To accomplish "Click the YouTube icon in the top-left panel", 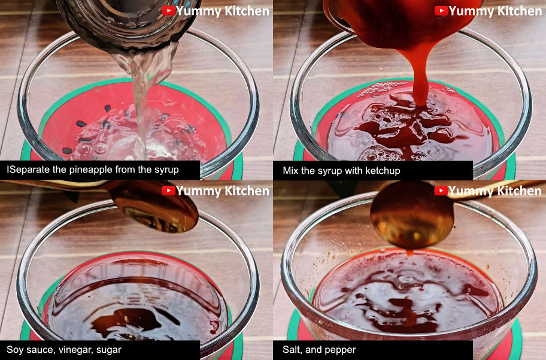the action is tap(169, 11).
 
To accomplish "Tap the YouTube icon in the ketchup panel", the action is tap(441, 11).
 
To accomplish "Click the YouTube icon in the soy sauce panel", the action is tap(169, 190).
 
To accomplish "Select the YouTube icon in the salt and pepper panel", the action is tap(441, 190).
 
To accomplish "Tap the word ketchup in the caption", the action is tap(383, 171).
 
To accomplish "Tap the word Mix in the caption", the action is tap(290, 171).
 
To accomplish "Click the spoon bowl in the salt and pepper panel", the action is tap(411, 216).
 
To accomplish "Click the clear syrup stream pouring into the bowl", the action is tap(141, 105).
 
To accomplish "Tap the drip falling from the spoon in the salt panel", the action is tap(409, 252).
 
